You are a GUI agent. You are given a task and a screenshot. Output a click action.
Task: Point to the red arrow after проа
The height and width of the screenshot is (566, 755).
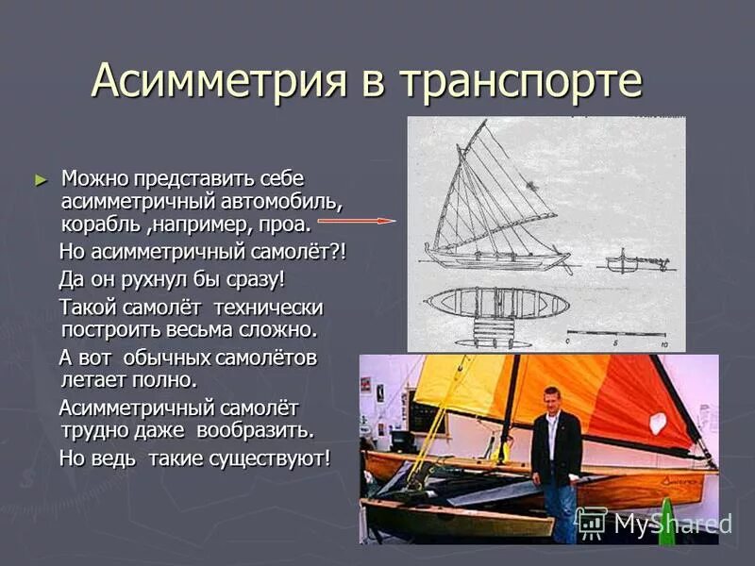(355, 221)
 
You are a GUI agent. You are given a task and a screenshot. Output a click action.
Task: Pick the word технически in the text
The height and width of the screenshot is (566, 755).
(268, 308)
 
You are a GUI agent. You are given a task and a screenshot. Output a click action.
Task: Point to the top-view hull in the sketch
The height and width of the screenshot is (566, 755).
(495, 302)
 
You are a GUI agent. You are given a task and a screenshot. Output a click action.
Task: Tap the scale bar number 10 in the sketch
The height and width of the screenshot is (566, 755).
(665, 345)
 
